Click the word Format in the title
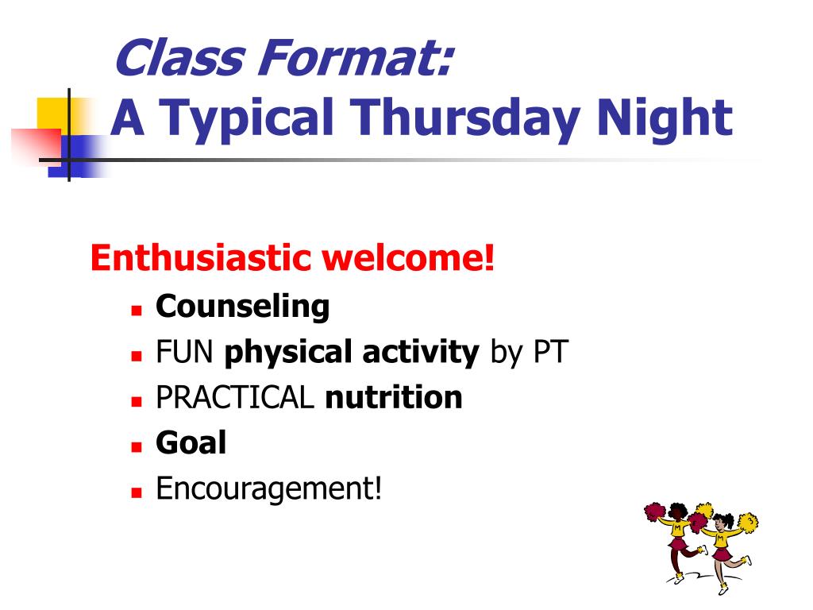click(356, 57)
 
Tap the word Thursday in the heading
click(464, 120)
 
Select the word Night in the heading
click(665, 120)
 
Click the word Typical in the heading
click(248, 120)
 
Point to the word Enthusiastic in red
click(200, 258)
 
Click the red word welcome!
click(408, 258)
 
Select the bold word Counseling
click(243, 307)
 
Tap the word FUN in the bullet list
click(184, 352)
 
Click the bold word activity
click(421, 353)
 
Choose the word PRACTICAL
click(235, 397)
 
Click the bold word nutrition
click(394, 397)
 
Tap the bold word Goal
click(191, 442)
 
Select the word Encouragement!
click(269, 488)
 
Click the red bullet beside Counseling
click(137, 311)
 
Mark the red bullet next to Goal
click(137, 447)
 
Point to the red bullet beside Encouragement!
click(137, 492)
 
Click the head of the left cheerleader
click(677, 511)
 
